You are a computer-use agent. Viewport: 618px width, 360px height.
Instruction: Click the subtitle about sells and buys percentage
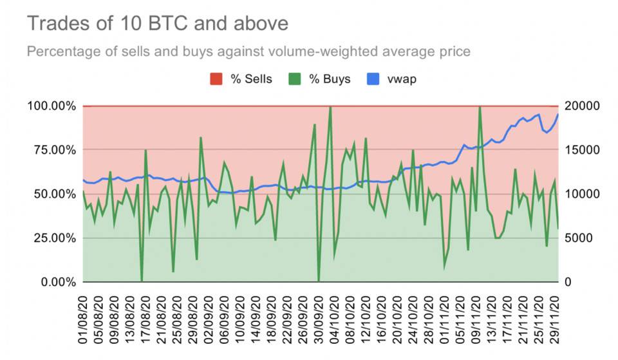tap(248, 51)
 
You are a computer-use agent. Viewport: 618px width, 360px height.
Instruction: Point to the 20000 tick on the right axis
tap(582, 106)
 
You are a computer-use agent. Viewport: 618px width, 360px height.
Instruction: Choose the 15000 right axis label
tap(582, 150)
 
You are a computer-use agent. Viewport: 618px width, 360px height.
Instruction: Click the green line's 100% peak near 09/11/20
tap(480, 107)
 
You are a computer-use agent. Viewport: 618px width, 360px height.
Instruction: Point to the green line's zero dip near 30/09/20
tap(319, 281)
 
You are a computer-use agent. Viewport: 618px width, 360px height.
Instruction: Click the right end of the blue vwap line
tap(557, 115)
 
